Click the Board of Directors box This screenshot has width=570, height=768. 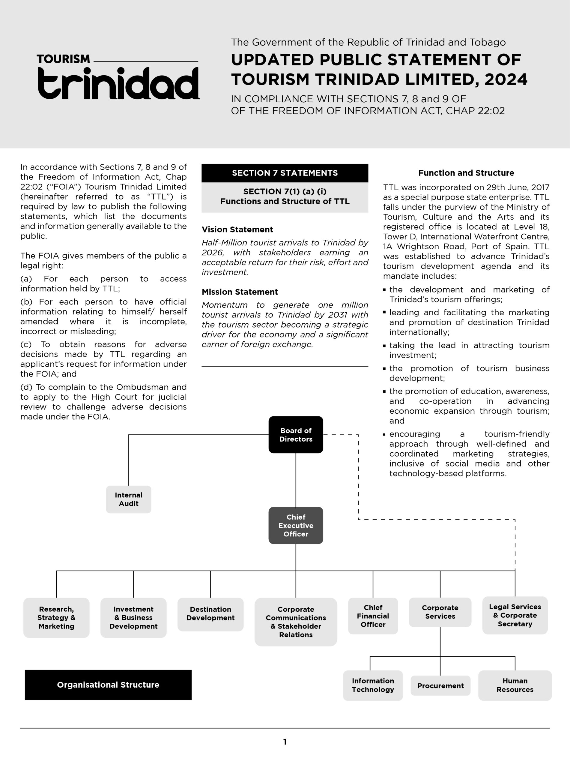(296, 435)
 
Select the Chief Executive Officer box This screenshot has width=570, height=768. (296, 525)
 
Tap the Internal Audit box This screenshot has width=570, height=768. (129, 499)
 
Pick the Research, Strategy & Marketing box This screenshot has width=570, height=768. (56, 617)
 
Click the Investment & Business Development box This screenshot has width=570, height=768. (133, 617)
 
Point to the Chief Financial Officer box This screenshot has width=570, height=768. (373, 616)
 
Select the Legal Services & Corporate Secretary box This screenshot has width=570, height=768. (515, 615)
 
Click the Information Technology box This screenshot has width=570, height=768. (373, 685)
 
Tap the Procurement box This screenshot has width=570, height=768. (440, 685)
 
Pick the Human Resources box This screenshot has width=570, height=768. (515, 685)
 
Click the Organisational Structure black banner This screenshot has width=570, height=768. (108, 685)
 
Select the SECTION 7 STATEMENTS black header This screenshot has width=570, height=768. (285, 173)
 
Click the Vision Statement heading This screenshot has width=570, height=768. (237, 229)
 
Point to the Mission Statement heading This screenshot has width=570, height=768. (240, 292)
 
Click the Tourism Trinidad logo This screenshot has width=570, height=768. (118, 77)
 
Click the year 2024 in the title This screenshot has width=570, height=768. (506, 79)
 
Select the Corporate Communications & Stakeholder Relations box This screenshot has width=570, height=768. (296, 622)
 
